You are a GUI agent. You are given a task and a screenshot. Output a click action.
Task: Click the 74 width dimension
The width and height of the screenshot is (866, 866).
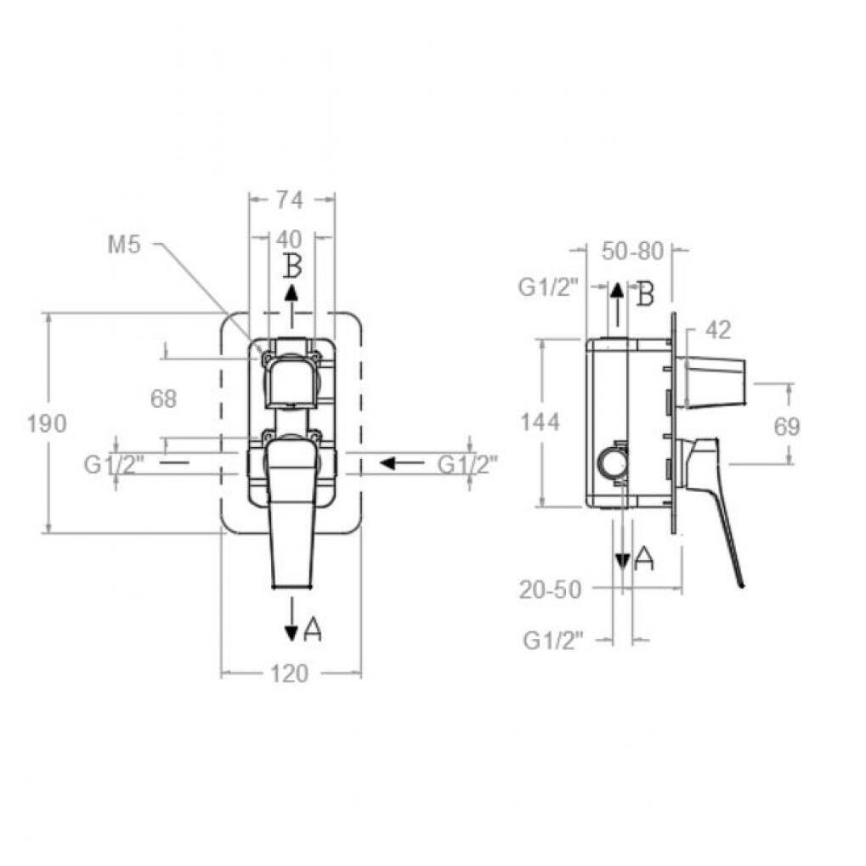[290, 200]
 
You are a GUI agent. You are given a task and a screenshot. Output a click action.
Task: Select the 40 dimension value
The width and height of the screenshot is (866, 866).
[289, 239]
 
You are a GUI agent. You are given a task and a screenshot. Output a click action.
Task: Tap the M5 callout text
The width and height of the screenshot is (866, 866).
[124, 245]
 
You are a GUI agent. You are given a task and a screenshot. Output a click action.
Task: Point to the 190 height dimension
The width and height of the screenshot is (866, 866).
[47, 423]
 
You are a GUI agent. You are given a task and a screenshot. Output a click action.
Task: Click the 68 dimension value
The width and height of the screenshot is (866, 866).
[163, 399]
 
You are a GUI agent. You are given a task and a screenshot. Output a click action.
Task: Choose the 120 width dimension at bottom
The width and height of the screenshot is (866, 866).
[290, 674]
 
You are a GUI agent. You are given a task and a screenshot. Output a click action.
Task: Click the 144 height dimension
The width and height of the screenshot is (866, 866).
[541, 422]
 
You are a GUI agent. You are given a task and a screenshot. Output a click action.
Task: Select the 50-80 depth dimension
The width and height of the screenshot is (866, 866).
[632, 252]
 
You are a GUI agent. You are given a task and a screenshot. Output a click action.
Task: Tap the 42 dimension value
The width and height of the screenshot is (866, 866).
[718, 331]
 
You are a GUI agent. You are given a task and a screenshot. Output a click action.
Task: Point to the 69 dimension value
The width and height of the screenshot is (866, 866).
[787, 427]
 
